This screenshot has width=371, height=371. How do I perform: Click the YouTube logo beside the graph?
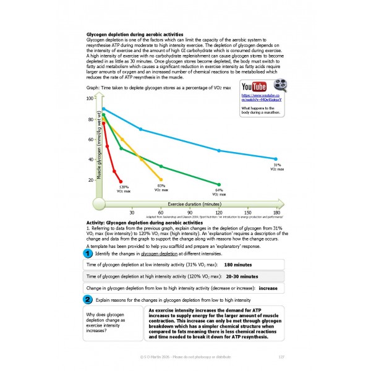(254, 87)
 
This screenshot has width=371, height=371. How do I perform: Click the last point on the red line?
(121, 181)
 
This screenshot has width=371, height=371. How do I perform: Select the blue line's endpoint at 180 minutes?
(276, 159)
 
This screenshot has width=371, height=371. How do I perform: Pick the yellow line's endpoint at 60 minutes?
(161, 179)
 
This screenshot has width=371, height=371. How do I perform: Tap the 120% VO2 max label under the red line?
(124, 189)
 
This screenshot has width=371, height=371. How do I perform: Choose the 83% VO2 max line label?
(161, 187)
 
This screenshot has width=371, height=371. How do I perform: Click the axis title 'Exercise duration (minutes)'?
(195, 203)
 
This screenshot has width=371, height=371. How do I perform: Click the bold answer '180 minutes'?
(238, 264)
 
